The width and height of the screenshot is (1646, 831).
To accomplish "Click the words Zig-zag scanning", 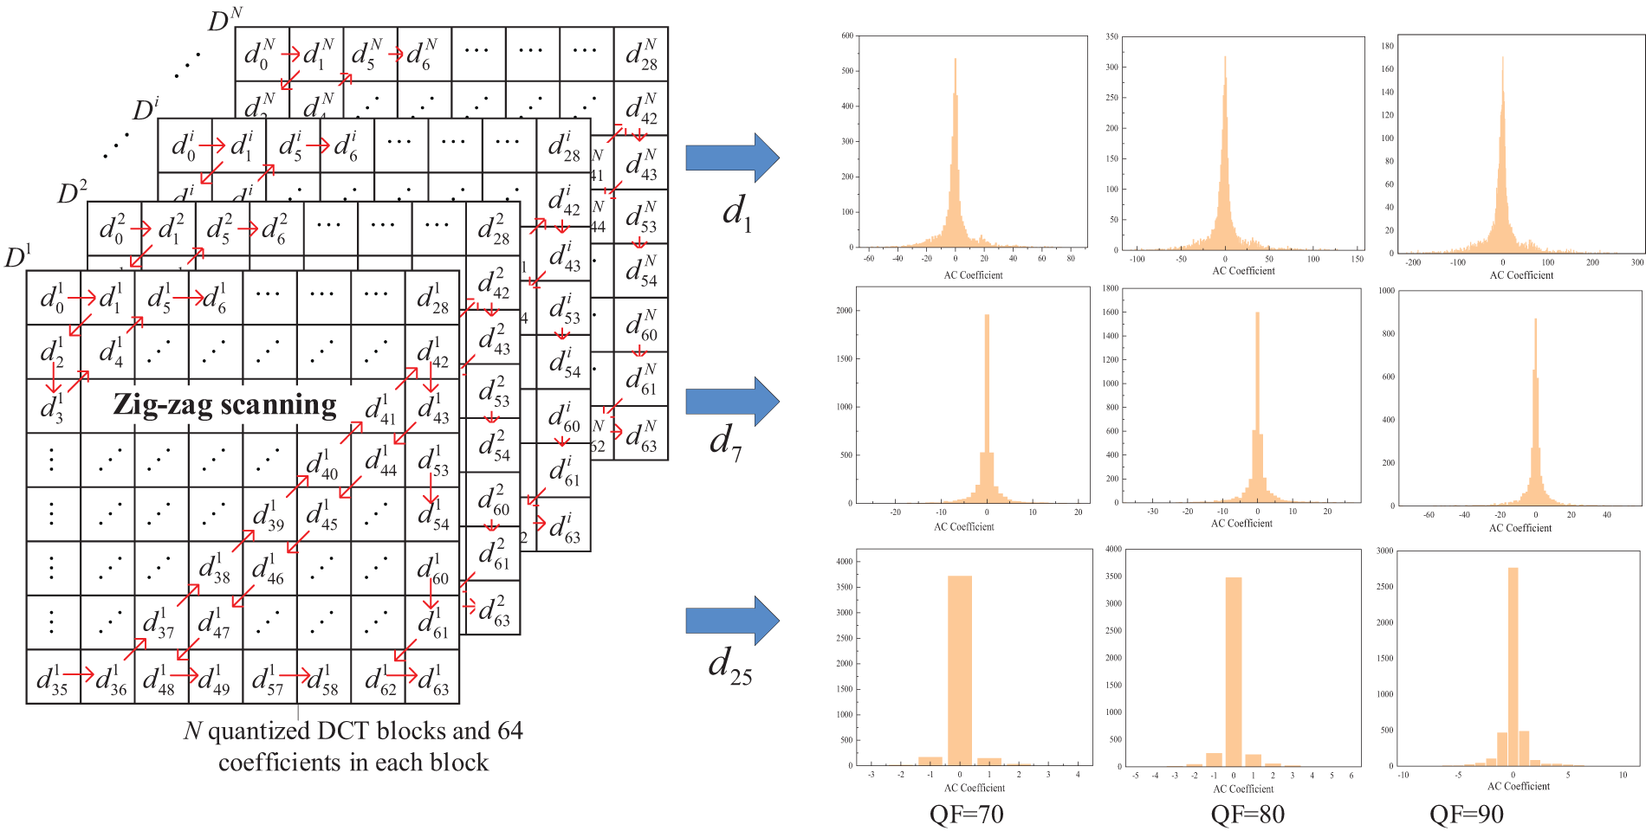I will point(224,404).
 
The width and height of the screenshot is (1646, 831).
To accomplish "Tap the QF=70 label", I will point(966,815).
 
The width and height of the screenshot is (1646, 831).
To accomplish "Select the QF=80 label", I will point(1247,815).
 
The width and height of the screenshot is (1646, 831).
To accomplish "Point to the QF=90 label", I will point(1466,815).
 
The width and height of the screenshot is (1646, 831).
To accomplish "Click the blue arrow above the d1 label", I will point(732,158).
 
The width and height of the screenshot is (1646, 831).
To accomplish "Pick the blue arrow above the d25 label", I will point(732,621).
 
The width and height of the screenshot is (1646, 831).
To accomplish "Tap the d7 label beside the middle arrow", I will point(726,441).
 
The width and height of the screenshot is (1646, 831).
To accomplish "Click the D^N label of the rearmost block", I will point(224,19).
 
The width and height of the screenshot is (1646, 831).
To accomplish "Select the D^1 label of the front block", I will point(18,256).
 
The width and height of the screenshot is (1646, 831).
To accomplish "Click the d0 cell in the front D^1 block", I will point(53,298).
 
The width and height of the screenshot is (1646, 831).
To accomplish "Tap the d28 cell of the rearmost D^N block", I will point(641,54).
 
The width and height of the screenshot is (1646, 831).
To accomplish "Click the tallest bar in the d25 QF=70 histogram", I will point(959,671).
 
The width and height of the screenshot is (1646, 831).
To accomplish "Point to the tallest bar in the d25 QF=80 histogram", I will point(1234,672).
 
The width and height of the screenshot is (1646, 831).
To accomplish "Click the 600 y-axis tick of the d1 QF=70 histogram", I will point(846,36).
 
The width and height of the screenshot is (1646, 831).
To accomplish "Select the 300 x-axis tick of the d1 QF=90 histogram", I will point(1636,262).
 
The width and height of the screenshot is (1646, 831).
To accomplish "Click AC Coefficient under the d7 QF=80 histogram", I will point(1241,524).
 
